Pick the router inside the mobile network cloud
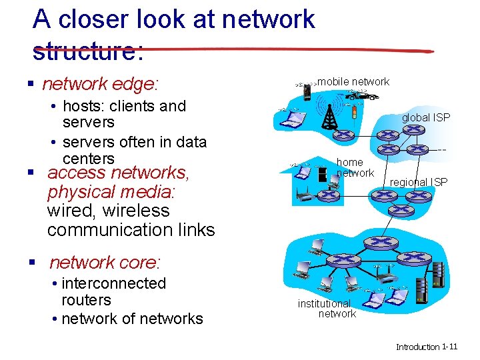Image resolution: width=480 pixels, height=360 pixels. point(344,135)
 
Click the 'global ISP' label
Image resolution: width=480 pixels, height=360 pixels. point(425,117)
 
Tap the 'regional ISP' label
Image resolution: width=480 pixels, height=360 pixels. point(419,182)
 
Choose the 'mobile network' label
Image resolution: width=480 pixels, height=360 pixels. point(353,82)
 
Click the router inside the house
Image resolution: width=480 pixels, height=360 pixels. point(327,197)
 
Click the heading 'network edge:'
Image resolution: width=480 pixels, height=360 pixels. point(100,84)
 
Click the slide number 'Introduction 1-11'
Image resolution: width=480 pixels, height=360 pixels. point(427,347)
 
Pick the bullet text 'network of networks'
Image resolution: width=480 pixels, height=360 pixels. point(131,319)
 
